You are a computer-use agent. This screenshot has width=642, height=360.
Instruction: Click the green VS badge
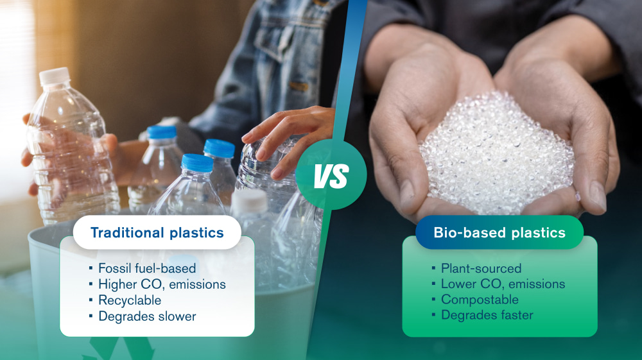tap(331, 175)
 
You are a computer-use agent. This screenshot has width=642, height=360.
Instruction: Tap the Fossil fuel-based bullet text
tap(147, 268)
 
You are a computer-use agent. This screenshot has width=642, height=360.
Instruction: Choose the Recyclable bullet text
tap(130, 300)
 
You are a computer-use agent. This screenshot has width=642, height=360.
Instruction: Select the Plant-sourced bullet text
tap(481, 268)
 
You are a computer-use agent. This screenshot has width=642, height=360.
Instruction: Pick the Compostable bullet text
tap(480, 300)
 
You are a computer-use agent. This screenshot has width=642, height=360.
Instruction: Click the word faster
tap(514, 315)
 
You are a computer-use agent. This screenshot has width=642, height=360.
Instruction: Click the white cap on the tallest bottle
tap(55, 76)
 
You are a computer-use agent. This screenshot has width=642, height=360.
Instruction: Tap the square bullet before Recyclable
tap(92, 300)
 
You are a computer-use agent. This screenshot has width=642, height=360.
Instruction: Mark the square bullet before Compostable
tap(435, 300)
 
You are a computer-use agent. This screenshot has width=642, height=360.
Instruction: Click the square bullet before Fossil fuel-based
tap(92, 268)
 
